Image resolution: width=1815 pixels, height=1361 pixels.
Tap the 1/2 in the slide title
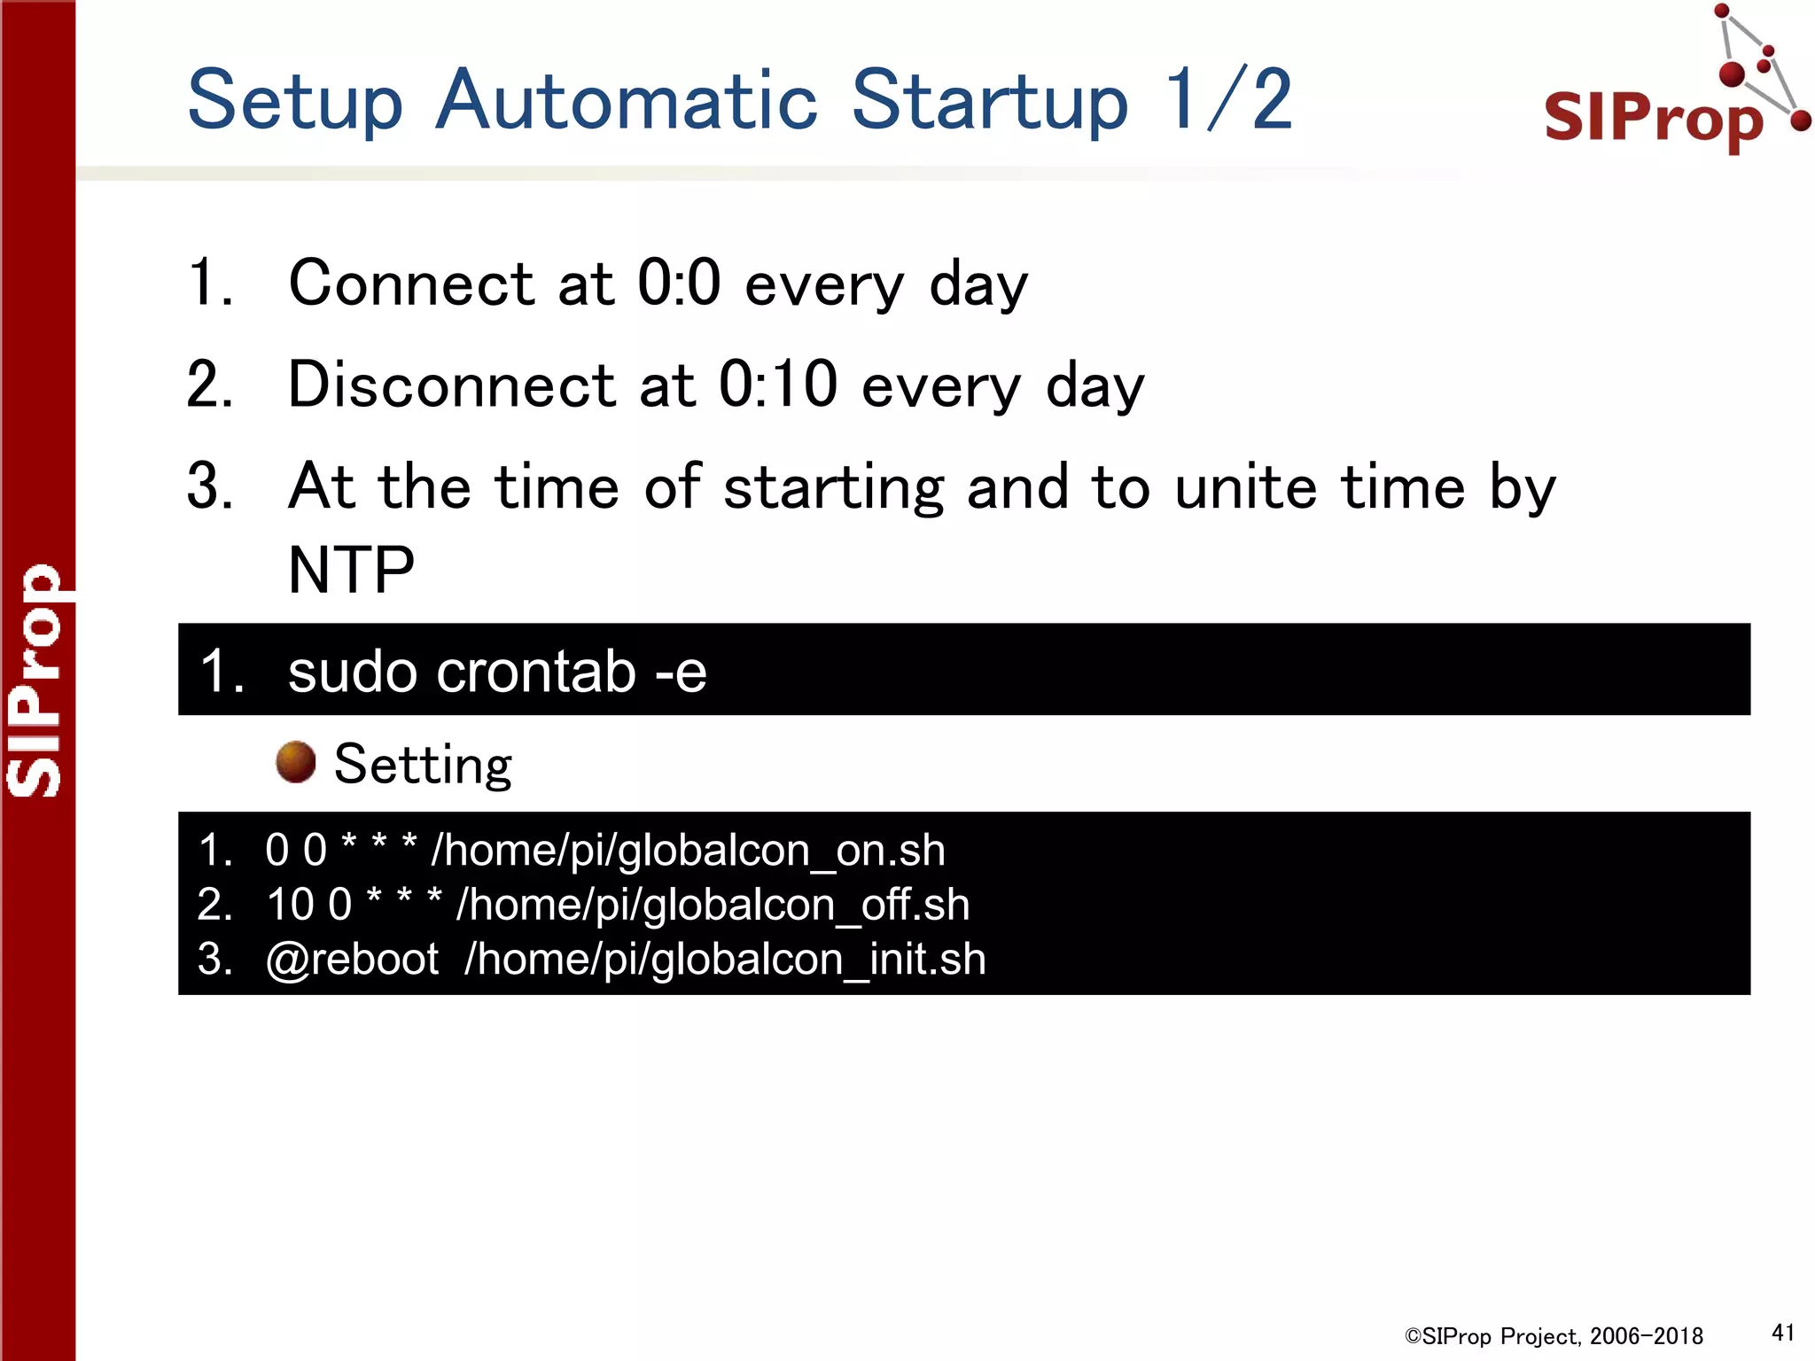coord(1227,99)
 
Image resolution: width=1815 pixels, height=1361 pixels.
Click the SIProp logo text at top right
coord(1653,117)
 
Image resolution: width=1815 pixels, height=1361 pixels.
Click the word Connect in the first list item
coord(411,284)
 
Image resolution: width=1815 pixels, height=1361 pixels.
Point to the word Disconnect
coord(452,385)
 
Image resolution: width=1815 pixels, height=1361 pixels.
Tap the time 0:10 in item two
coord(777,385)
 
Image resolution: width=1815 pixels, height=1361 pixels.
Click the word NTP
coord(352,570)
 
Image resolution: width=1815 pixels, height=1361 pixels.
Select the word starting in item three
coord(834,487)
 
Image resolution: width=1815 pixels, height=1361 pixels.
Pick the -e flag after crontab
coord(681,671)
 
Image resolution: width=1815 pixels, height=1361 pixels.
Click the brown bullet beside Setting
coord(295,762)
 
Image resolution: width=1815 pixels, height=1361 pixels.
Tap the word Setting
coord(423,764)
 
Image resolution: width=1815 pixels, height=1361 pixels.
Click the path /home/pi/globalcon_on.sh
coord(688,851)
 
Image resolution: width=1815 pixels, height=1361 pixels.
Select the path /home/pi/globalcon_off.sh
coord(713,905)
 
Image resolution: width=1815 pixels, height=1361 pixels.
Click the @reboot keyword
coord(352,959)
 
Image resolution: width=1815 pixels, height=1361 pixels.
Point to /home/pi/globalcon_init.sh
coord(725,959)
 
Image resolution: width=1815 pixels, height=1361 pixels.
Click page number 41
coord(1782,1333)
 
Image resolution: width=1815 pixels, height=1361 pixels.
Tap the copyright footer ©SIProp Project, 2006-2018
coord(1554,1336)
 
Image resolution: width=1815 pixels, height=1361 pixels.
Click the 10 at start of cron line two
coord(290,905)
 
